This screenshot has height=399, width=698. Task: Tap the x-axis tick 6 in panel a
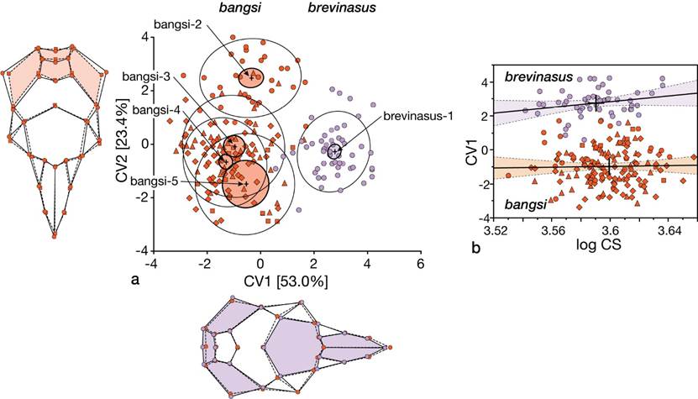click(x=420, y=263)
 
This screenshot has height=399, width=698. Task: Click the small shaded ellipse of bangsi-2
click(x=250, y=78)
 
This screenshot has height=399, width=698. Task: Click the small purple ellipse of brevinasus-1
click(x=335, y=151)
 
